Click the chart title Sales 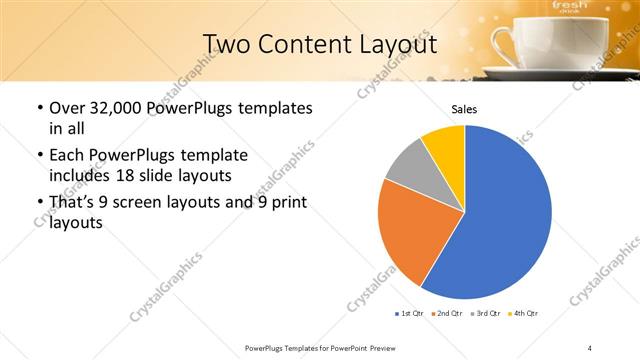tap(464, 109)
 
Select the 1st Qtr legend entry tap(409, 314)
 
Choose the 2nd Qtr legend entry tap(446, 314)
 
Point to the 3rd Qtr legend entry tap(484, 314)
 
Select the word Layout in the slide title tap(393, 45)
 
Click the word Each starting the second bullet tap(67, 155)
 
